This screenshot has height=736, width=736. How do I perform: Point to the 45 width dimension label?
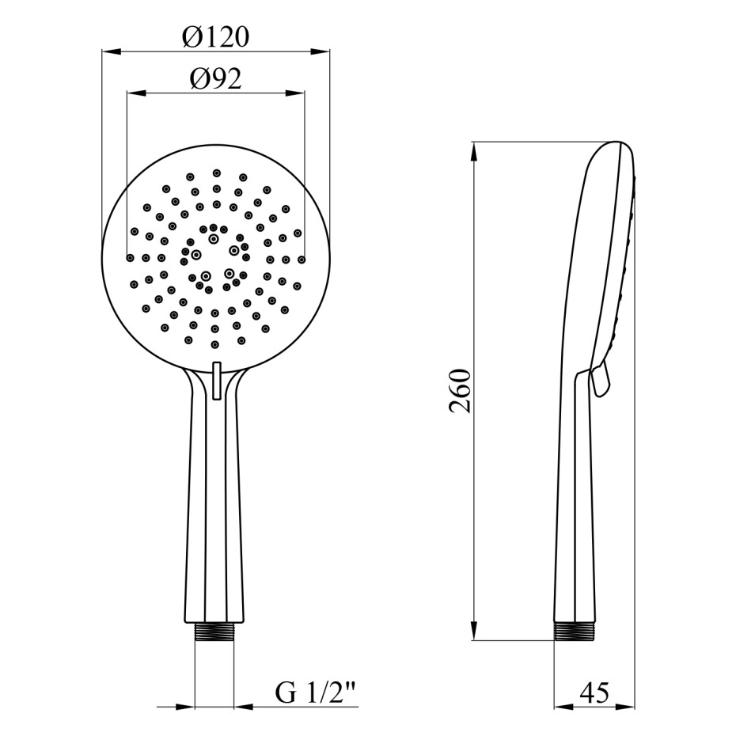594,692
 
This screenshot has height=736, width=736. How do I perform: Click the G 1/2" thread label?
315,692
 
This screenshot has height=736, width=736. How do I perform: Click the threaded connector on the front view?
214,632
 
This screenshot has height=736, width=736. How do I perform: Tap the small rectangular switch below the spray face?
216,380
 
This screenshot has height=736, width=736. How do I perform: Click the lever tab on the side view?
601,379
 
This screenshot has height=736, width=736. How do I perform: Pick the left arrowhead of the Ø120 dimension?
112,51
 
